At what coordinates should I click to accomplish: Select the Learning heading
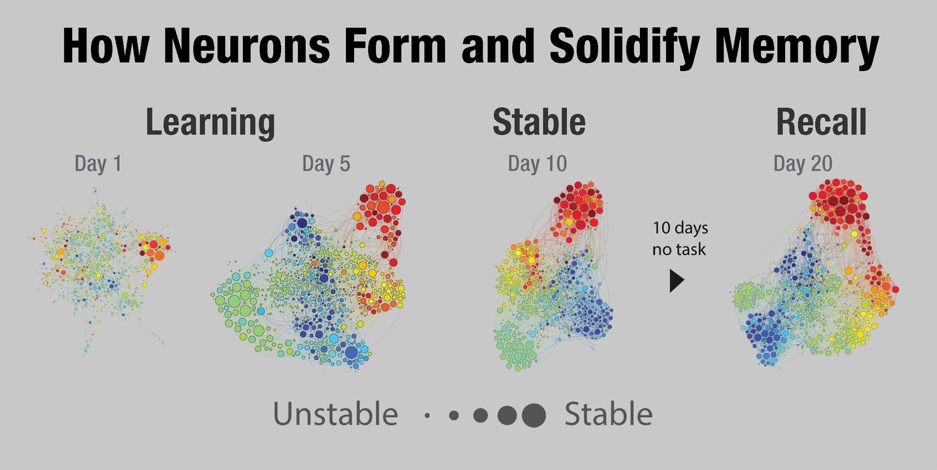click(210, 123)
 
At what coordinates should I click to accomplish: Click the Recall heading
click(821, 123)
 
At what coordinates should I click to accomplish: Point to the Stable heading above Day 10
click(539, 123)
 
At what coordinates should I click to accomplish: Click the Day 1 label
click(98, 164)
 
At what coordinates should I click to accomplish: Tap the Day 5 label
click(326, 164)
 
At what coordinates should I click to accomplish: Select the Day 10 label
click(537, 164)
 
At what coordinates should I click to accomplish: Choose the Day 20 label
click(803, 164)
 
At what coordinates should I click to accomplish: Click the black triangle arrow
click(677, 281)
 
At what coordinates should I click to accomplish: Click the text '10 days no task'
click(680, 239)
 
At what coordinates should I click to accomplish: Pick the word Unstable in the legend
click(335, 415)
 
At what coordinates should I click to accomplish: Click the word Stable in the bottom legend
click(608, 415)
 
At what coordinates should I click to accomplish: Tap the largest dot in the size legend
click(533, 416)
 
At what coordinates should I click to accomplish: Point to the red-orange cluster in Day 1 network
click(154, 249)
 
